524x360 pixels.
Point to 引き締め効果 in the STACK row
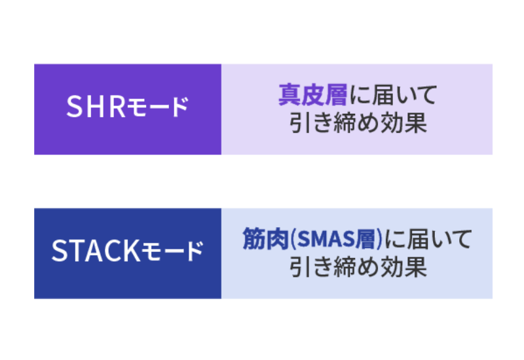[357, 267]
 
